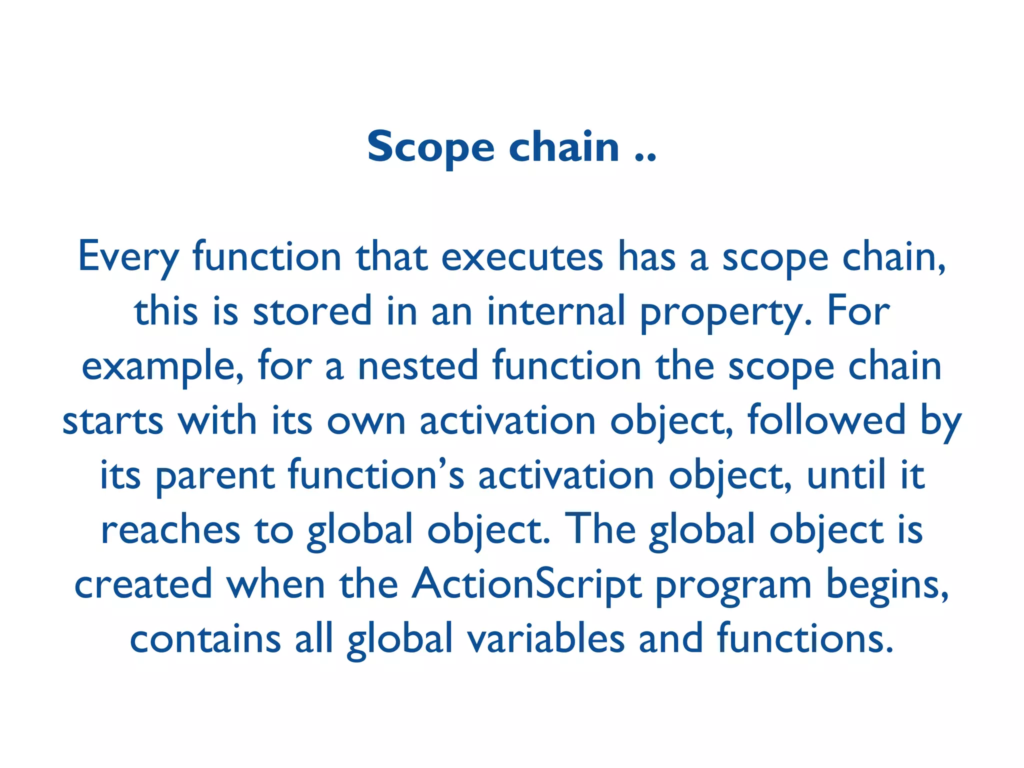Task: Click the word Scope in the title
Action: tap(430, 147)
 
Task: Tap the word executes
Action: tap(522, 257)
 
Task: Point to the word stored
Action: tap(312, 311)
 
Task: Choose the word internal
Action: tap(556, 311)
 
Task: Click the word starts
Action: tap(113, 421)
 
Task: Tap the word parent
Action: tap(215, 476)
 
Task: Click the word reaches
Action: tap(170, 530)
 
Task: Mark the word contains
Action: tap(205, 639)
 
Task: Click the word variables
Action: tap(545, 639)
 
